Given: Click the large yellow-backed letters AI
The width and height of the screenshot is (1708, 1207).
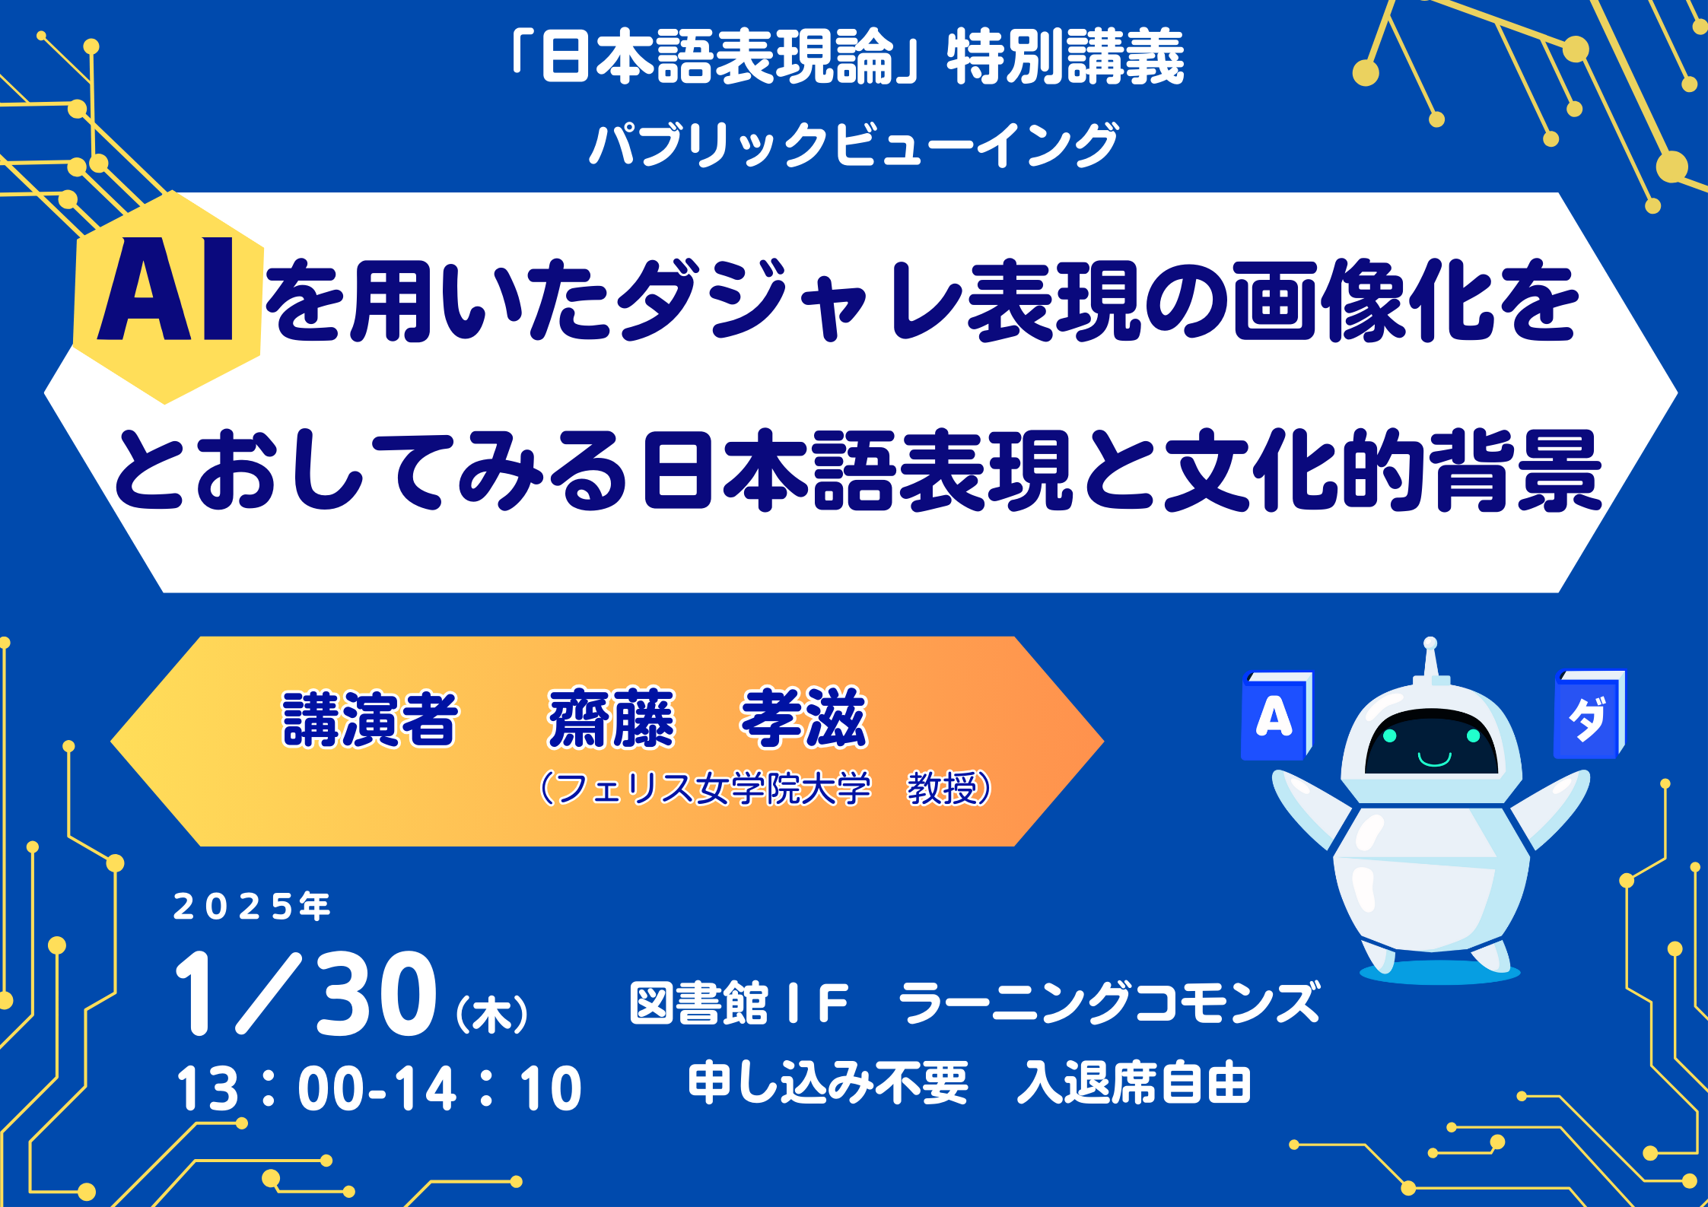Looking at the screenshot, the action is tap(166, 289).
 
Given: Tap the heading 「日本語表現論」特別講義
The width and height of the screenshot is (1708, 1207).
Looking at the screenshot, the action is tap(848, 58).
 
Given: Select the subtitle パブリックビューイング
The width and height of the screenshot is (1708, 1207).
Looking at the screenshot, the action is tap(854, 145).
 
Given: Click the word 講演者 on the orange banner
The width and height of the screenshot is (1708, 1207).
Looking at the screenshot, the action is tap(370, 719).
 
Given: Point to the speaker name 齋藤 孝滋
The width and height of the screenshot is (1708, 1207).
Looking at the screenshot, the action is tap(708, 719).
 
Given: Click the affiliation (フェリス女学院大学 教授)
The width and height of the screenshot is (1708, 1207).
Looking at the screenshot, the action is tap(765, 788).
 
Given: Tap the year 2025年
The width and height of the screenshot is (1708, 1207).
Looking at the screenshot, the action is tap(252, 907).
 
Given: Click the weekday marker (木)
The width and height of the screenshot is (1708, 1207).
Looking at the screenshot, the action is tap(491, 1014).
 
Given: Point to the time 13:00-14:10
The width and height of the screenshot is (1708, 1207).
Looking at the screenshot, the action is tap(379, 1088).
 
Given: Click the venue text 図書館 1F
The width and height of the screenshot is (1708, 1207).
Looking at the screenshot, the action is tap(738, 1003).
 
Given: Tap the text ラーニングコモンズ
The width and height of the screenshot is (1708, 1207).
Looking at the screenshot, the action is tap(1109, 1003).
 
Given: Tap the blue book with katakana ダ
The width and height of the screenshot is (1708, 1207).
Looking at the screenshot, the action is tap(1589, 714).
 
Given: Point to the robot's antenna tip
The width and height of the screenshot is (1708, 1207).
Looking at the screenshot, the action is tap(1430, 643).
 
